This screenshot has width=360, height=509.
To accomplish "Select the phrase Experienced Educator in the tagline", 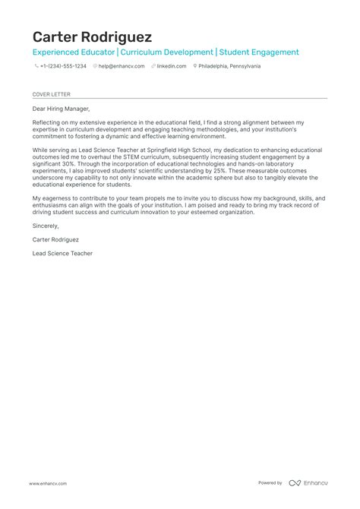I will point(73,52).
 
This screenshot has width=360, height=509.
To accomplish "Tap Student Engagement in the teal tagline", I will point(259,52).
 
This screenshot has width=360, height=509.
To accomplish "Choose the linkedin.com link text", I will point(172,66).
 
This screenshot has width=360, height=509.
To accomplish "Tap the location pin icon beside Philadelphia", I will point(196,66).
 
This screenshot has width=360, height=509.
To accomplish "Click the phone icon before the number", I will point(36,66).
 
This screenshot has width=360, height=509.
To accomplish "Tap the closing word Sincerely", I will point(46,226).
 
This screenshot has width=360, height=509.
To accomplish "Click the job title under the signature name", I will point(62,253).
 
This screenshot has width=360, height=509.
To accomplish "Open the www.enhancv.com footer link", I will point(49,483).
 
